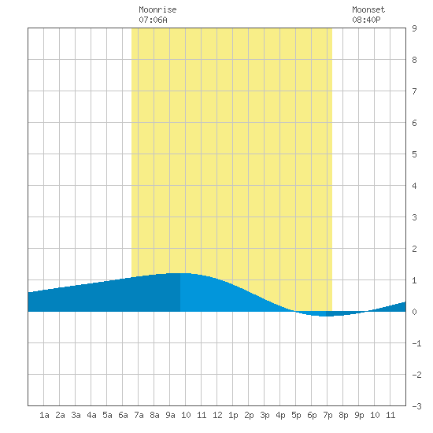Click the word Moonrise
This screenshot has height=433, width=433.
(x=157, y=9)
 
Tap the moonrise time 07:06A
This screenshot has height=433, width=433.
(x=153, y=20)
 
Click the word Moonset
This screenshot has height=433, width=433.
(x=368, y=9)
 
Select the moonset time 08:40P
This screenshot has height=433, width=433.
(x=366, y=20)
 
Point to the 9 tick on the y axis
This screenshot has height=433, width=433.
(x=414, y=28)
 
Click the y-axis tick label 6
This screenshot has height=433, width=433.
(x=414, y=123)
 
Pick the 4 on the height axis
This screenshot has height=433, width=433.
(x=414, y=186)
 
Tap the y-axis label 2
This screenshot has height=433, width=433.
(x=414, y=249)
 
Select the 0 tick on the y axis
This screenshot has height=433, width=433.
(x=414, y=312)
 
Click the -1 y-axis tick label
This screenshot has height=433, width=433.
(x=416, y=343)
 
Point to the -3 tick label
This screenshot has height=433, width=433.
(x=416, y=406)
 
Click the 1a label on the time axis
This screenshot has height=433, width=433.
(x=44, y=415)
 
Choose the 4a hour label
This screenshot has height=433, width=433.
(x=91, y=415)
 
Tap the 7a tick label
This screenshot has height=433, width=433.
(x=139, y=415)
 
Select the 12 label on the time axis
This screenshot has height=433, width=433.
(x=217, y=415)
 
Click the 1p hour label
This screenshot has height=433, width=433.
(x=233, y=415)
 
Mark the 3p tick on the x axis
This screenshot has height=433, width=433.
(x=265, y=415)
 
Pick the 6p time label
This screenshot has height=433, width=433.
(x=312, y=415)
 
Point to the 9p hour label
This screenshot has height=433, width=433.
(x=359, y=415)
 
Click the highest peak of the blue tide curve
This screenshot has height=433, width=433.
(x=180, y=273)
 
